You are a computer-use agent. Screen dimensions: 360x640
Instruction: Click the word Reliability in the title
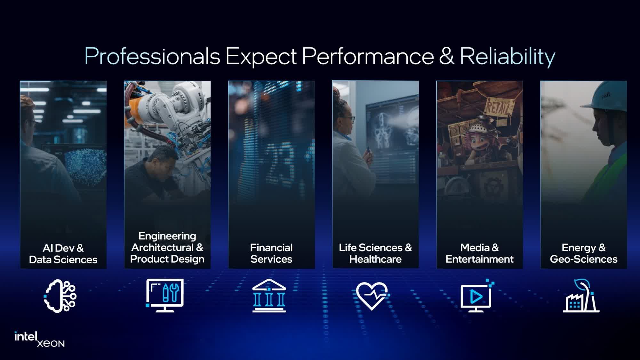(507, 56)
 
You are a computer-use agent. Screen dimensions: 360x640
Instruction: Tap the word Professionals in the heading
(152, 56)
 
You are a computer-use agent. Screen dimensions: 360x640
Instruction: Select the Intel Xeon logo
(39, 339)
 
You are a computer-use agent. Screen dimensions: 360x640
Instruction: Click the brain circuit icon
(60, 296)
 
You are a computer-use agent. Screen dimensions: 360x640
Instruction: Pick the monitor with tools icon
(165, 295)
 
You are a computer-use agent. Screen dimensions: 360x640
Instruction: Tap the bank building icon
(269, 296)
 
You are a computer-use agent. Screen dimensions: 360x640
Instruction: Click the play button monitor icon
(476, 296)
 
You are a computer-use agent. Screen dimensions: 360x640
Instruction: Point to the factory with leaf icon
(581, 296)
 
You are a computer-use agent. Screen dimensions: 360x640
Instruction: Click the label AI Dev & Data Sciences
(63, 253)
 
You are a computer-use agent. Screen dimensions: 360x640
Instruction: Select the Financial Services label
(271, 253)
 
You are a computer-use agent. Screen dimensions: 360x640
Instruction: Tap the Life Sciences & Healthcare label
(375, 253)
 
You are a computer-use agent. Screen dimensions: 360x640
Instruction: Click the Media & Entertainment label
(479, 253)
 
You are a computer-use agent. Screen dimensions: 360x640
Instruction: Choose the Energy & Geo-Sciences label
(584, 253)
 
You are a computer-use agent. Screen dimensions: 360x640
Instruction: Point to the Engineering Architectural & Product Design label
(167, 247)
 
